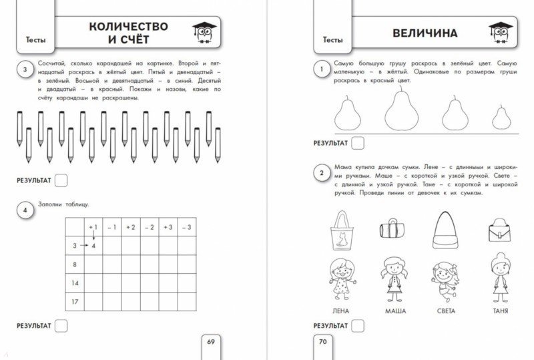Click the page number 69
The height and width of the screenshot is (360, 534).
coord(210,342)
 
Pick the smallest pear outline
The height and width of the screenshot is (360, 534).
coord(501,117)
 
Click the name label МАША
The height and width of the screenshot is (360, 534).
coord(396,311)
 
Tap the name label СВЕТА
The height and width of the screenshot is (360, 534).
coord(447,311)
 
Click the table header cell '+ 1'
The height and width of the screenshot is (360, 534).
coord(93,227)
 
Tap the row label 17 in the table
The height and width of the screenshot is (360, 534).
coord(74,302)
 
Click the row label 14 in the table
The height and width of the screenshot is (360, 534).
coord(74,283)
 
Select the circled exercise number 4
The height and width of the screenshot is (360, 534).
coord(25,212)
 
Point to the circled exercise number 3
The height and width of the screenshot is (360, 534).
coord(25,69)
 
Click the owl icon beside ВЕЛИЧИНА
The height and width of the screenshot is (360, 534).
coord(499,32)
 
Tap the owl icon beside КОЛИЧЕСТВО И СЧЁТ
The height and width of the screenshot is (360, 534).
coord(202,32)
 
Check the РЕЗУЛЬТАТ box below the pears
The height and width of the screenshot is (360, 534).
coord(358,142)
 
